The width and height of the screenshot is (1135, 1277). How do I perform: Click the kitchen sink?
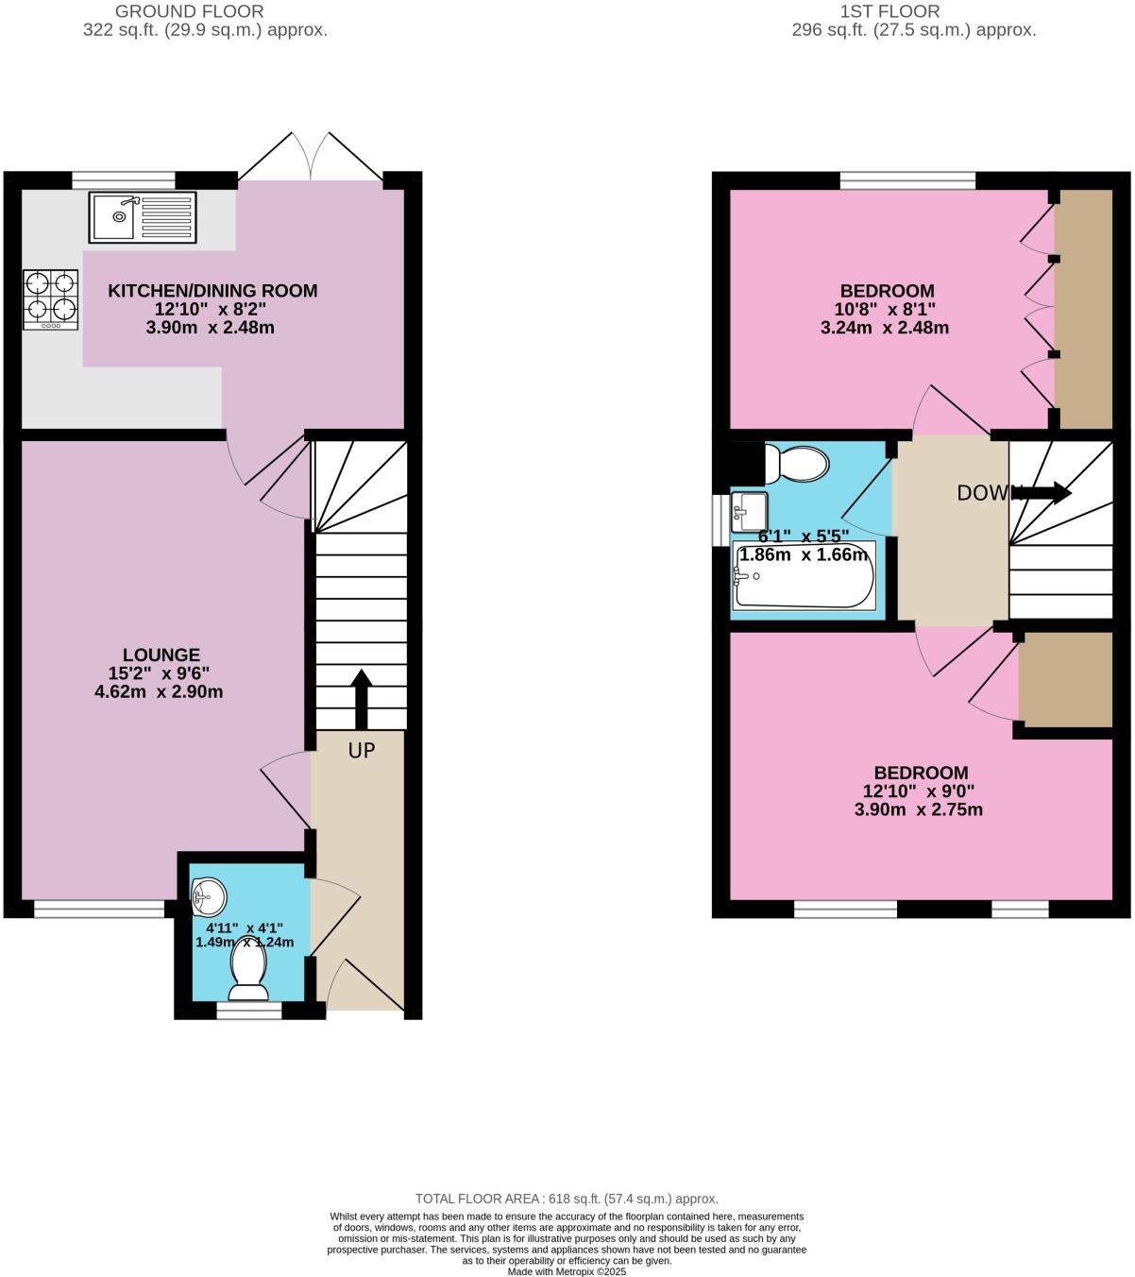coord(143,216)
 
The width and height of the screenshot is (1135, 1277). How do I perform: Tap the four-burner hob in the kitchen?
coord(51,298)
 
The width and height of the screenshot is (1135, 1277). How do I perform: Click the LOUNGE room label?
coord(161,655)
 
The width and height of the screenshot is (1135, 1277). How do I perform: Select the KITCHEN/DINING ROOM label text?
coord(212,291)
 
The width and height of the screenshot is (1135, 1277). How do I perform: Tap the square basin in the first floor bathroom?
coord(750,511)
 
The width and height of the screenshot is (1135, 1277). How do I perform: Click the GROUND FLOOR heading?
coord(189,11)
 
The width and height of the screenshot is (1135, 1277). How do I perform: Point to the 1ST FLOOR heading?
coord(890,11)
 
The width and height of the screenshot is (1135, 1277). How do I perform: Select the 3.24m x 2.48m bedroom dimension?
coord(885,329)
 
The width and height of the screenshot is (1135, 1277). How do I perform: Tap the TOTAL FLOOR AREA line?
coord(567,1199)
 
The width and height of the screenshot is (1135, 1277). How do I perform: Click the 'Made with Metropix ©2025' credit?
coord(567,1271)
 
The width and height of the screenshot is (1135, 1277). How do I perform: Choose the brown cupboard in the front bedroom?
coord(1065,680)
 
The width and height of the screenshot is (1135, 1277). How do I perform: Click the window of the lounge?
coord(99,910)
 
